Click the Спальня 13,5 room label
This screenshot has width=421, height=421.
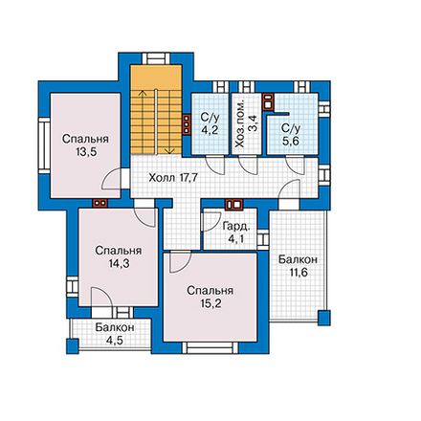pyautogui.click(x=85, y=145)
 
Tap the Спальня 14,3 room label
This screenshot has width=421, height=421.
pyautogui.click(x=118, y=256)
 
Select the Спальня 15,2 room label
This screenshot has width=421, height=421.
pyautogui.click(x=210, y=297)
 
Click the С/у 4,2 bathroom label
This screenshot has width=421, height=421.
pyautogui.click(x=210, y=123)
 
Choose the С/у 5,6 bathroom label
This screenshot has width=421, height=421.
pyautogui.click(x=291, y=135)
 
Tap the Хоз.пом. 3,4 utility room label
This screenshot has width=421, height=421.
pyautogui.click(x=247, y=124)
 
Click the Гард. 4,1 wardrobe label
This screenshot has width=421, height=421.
pyautogui.click(x=236, y=233)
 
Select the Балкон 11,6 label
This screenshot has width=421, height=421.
pyautogui.click(x=298, y=266)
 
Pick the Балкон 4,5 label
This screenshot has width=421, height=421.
pyautogui.click(x=115, y=334)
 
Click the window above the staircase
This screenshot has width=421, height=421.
pyautogui.click(x=156, y=59)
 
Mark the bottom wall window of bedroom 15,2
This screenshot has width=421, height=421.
pyautogui.click(x=210, y=347)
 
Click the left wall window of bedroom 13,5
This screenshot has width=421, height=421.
pyautogui.click(x=44, y=145)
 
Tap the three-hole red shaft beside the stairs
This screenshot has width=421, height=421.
pyautogui.click(x=186, y=123)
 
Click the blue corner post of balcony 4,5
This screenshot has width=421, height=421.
pyautogui.click(x=73, y=346)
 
